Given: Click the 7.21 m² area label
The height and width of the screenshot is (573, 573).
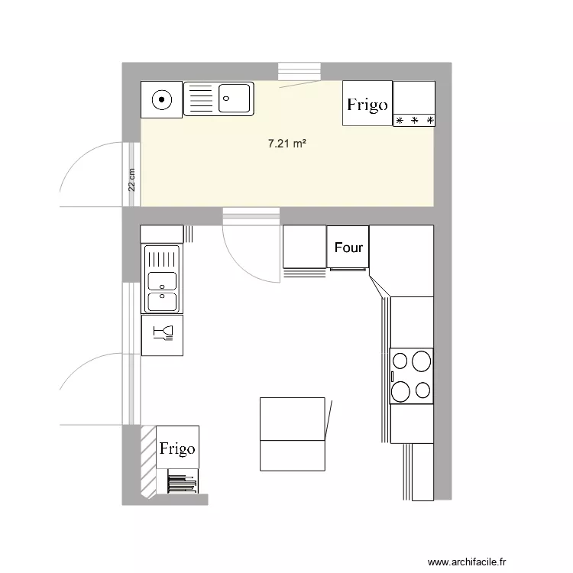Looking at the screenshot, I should [x=287, y=143].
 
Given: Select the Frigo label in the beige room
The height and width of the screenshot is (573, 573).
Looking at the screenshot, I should [x=367, y=105].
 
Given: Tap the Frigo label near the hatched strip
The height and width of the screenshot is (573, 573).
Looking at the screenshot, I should [x=177, y=448].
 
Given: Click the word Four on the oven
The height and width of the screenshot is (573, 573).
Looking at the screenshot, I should [x=348, y=248].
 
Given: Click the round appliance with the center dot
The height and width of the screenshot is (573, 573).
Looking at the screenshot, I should [x=161, y=99].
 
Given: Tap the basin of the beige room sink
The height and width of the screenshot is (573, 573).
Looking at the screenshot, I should [x=234, y=99].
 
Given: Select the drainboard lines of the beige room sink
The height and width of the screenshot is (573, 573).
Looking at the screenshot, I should [x=200, y=99].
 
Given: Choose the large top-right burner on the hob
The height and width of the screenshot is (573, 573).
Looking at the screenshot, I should [x=420, y=360].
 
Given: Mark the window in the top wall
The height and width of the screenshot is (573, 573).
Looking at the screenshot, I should [x=298, y=71].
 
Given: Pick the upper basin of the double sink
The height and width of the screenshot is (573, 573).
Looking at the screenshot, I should [x=161, y=280].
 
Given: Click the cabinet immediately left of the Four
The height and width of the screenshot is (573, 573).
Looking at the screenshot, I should [x=304, y=246].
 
